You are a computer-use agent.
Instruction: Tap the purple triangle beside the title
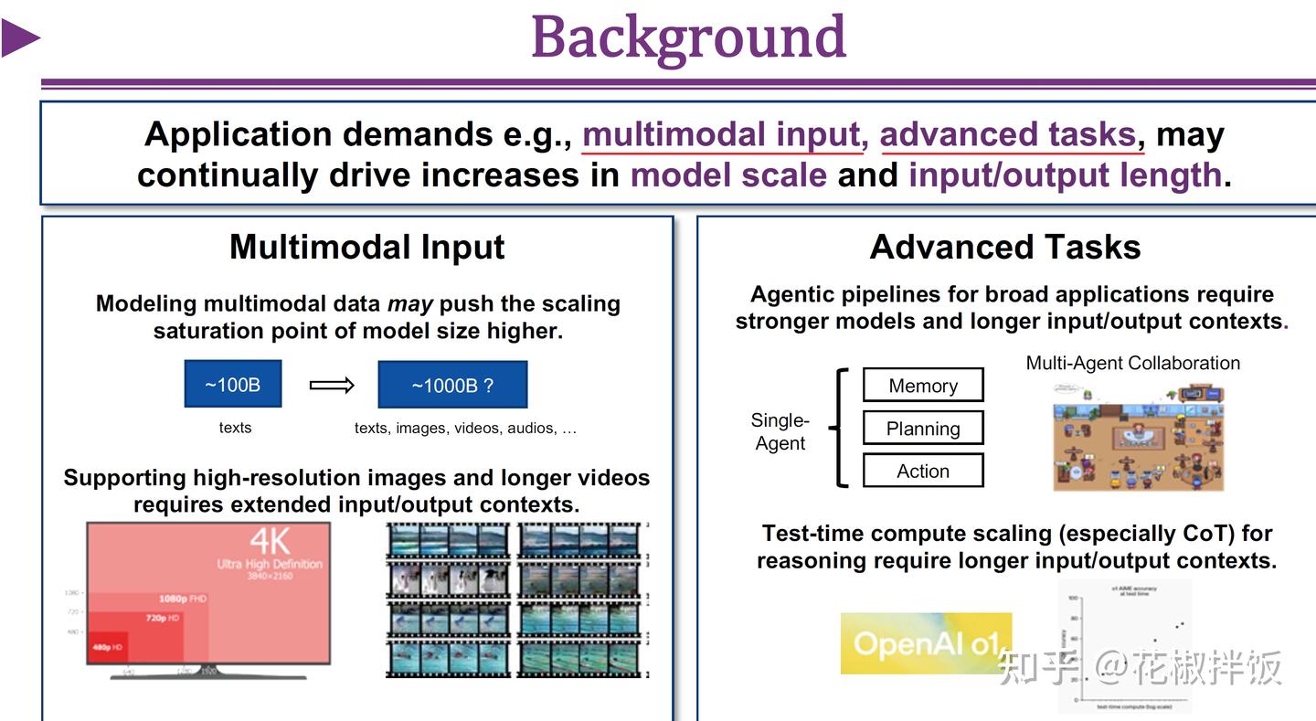point(20,38)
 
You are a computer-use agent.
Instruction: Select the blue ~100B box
point(233,384)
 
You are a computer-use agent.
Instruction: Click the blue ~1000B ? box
point(452,385)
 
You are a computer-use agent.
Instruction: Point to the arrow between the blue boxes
point(332,385)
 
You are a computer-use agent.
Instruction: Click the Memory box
point(923,386)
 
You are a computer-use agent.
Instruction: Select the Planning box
point(923,429)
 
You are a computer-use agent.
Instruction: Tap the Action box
point(923,471)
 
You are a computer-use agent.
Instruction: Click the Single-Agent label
point(780,431)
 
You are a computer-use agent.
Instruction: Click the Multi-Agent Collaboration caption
point(1132,363)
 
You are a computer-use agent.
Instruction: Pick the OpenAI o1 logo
point(926,643)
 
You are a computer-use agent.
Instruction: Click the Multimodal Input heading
point(366,247)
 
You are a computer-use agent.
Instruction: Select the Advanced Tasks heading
point(1005,247)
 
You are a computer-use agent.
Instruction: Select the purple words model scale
point(728,175)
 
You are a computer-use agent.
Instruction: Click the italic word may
point(409,303)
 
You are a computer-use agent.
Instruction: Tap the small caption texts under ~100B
point(235,427)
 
